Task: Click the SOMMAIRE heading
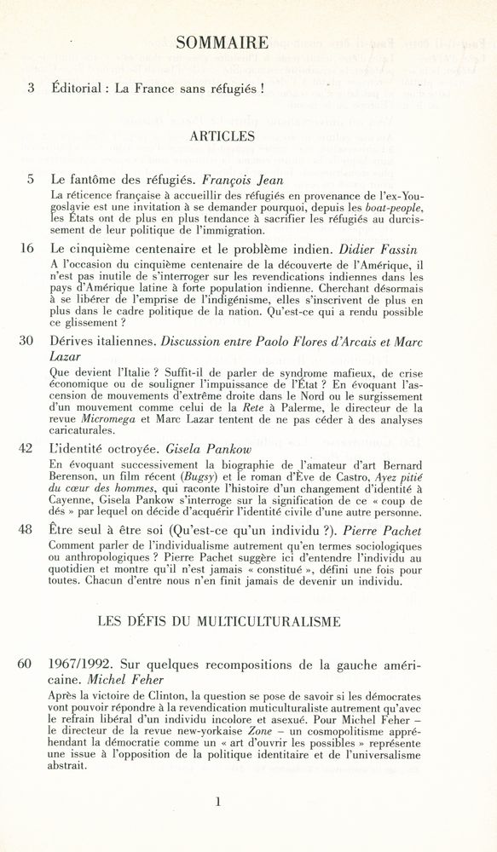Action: (x=222, y=43)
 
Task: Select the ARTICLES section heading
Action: (x=222, y=135)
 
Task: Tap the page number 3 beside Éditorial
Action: (x=32, y=87)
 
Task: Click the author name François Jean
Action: (x=247, y=181)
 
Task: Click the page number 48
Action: (x=27, y=529)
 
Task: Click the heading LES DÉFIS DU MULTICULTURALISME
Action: (x=219, y=622)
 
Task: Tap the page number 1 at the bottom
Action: (x=219, y=801)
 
